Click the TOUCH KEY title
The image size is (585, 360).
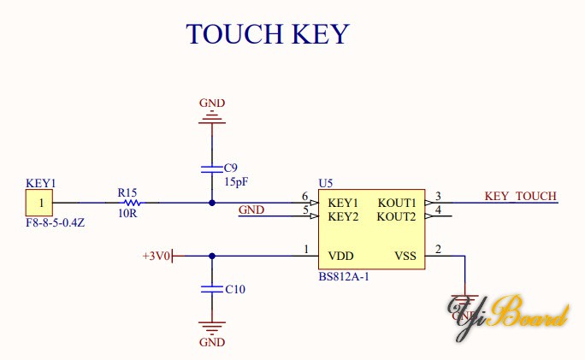pos(268,33)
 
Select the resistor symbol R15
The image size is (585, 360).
pos(131,203)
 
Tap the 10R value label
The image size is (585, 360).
pos(127,215)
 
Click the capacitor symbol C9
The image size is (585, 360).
pos(212,168)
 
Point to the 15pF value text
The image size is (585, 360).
pos(235,181)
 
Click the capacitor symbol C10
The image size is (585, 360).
pos(212,289)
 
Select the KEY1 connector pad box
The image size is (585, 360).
pos(38,204)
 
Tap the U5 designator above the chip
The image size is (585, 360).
pos(325,183)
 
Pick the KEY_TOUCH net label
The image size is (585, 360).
pos(520,197)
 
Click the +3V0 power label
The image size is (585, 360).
pos(157,256)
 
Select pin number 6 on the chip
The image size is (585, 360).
pos(304,197)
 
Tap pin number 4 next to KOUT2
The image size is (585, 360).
pos(438,210)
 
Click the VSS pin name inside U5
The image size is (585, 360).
pos(405,256)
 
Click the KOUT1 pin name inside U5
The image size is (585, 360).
pos(397,203)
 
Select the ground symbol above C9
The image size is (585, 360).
pos(212,119)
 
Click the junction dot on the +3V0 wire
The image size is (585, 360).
pos(212,255)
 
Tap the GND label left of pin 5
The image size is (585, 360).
pos(251,210)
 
